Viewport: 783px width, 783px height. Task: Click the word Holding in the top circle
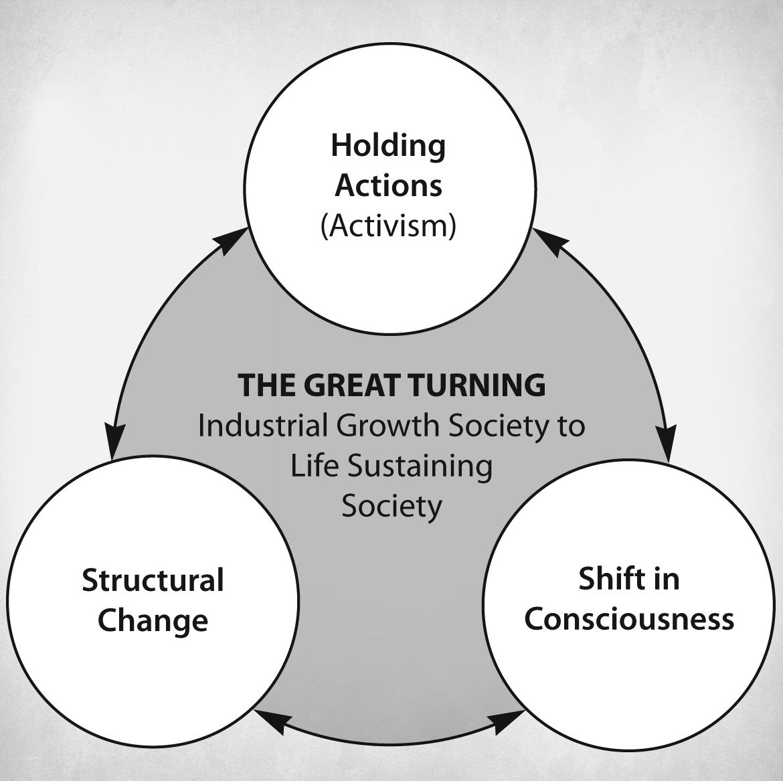point(388,146)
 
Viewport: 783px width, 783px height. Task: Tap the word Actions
point(388,186)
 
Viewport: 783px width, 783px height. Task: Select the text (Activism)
point(388,226)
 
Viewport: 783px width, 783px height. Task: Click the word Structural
point(153,580)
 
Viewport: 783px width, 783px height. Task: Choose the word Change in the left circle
point(153,620)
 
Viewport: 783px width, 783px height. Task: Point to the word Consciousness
point(629,618)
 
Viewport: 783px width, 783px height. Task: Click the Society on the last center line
point(391,506)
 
